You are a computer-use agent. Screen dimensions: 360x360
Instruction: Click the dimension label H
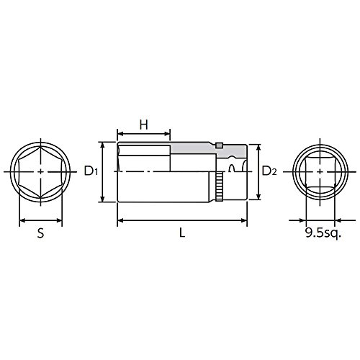[x=144, y=125]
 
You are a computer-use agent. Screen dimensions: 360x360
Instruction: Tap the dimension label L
[x=182, y=233]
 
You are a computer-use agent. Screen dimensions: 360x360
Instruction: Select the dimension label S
[x=41, y=233]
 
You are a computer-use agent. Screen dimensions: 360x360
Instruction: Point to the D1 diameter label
[x=91, y=171]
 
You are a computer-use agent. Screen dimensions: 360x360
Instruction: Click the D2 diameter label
[x=269, y=171]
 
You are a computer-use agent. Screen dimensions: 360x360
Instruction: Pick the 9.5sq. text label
[x=323, y=233]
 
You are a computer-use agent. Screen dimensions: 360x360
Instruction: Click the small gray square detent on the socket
[x=219, y=145]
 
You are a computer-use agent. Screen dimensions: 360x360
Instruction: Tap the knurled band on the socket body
[x=219, y=186]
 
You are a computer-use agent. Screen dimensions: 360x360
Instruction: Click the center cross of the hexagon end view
[x=41, y=171]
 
